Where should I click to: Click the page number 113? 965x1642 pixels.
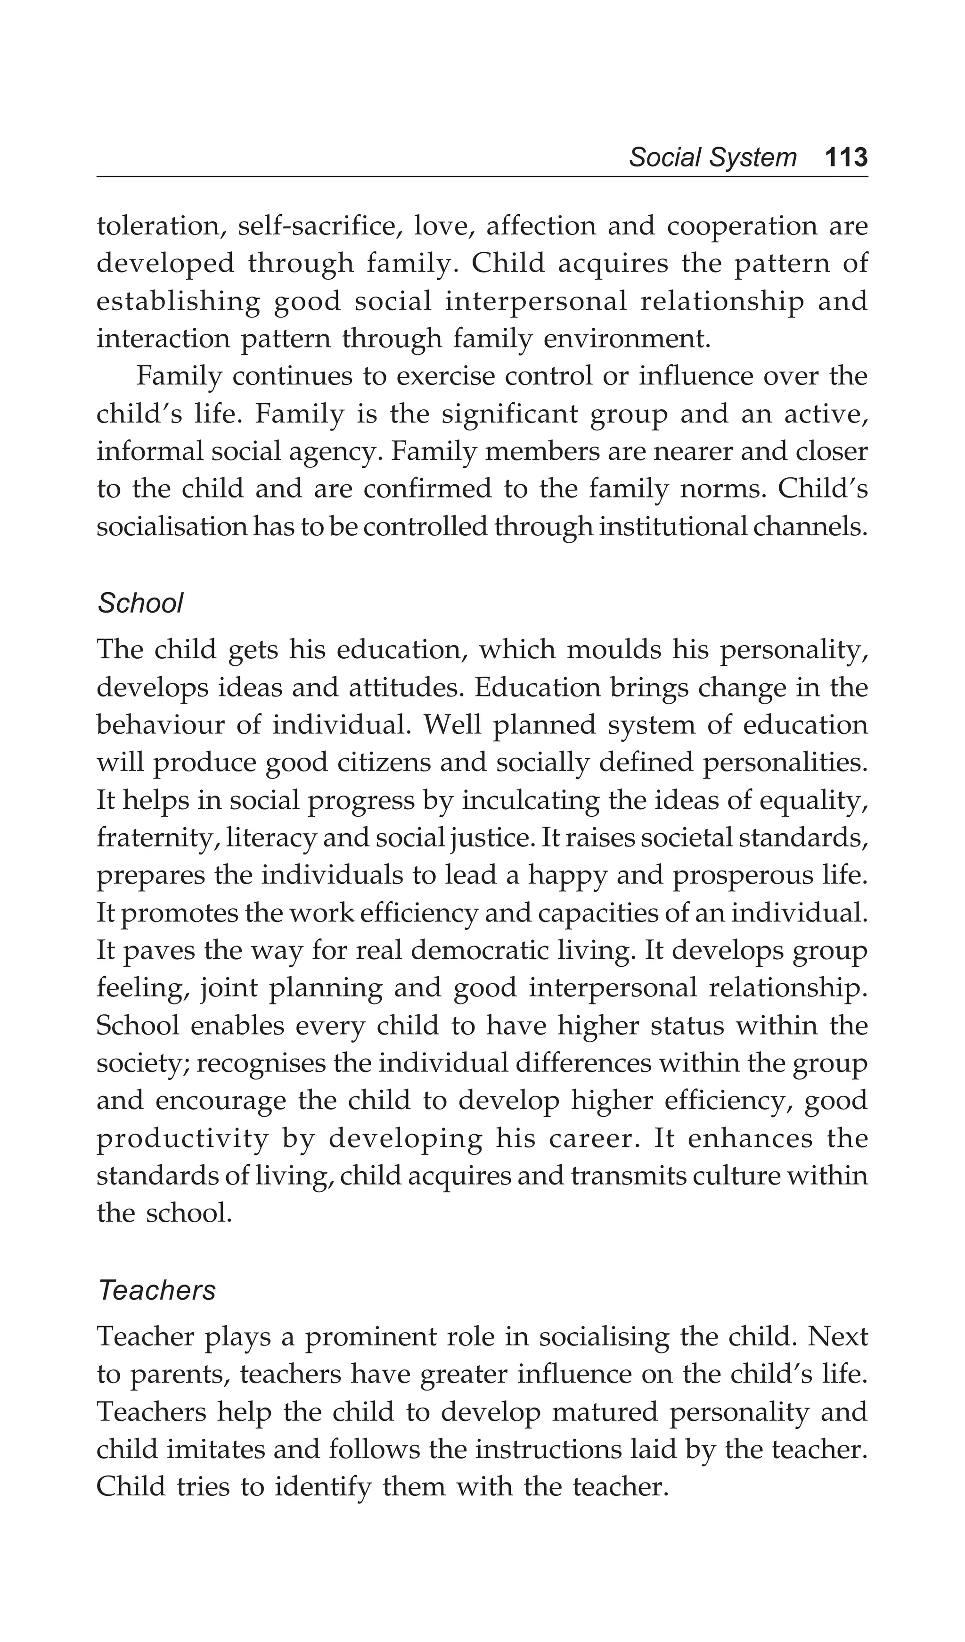tap(846, 158)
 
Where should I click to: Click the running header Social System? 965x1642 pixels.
tap(712, 158)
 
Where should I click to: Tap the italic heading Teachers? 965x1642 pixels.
tap(156, 1290)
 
